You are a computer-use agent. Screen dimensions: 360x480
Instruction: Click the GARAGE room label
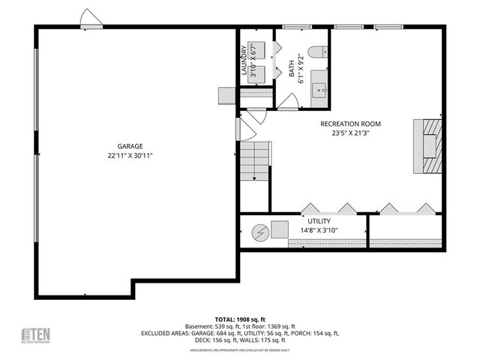130,146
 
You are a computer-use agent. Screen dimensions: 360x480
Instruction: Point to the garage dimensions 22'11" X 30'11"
130,156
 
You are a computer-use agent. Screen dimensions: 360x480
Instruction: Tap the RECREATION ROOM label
350,124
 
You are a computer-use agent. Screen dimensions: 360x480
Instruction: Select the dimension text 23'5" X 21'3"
350,133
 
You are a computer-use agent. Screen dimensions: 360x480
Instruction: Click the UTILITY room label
319,221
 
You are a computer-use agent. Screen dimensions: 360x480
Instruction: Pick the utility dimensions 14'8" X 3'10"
319,230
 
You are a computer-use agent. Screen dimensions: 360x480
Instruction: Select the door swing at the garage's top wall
91,19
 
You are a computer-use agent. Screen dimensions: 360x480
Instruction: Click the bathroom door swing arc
287,101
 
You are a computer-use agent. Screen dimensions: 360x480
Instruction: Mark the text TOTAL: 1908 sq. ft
239,318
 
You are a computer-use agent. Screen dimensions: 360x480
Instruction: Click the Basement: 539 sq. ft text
212,326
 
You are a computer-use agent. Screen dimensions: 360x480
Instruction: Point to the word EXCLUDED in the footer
155,334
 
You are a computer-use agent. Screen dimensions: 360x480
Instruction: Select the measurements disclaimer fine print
239,350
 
